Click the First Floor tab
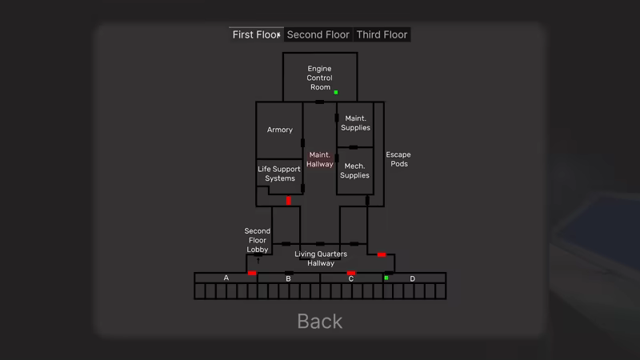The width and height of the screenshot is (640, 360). pos(256,34)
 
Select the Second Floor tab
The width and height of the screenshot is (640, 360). pos(318,34)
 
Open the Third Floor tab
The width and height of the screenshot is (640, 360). pos(382,34)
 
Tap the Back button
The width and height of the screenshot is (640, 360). pos(319,322)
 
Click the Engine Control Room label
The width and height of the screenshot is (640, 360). pos(319,78)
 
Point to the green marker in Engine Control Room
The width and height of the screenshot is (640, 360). pos(336,92)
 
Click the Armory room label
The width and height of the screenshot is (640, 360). pos(279,130)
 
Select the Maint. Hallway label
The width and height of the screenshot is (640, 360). pos(319,159)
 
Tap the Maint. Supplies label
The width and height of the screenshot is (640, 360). pos(355,123)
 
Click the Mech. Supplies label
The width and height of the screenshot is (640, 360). pos(354,170)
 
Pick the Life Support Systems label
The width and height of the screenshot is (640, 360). pos(279,174)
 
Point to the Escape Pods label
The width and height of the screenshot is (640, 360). pos(398,159)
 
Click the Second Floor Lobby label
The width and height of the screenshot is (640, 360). pos(257,241)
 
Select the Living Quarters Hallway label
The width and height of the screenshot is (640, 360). pos(321,258)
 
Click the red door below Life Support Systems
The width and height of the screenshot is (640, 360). pos(289,201)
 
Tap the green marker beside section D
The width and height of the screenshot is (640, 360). pos(386,278)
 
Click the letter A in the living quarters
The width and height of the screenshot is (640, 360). pos(226,278)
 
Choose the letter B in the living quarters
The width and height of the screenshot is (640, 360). pos(288,278)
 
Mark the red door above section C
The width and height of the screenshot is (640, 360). pos(351,273)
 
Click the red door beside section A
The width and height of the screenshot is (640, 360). pos(252,273)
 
